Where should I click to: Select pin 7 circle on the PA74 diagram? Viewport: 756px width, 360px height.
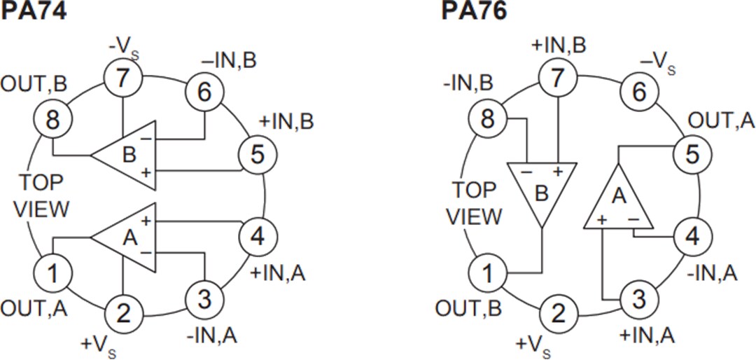123,78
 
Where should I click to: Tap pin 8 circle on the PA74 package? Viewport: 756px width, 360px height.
53,120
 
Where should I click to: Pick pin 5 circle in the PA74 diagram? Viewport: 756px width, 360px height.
258,155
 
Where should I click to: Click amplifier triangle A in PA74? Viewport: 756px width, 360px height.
127,238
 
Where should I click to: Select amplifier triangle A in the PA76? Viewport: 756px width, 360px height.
619,200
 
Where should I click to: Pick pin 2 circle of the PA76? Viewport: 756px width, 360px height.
557,314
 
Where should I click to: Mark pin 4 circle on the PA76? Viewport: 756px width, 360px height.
692,236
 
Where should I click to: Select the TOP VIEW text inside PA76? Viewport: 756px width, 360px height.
474,203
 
